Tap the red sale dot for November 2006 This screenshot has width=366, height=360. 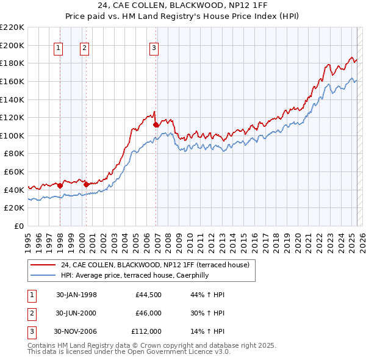pyautogui.click(x=156, y=124)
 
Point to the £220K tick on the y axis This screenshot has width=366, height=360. pyautogui.click(x=13, y=27)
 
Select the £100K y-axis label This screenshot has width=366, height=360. pyautogui.click(x=13, y=135)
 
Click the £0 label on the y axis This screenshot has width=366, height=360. pyautogui.click(x=18, y=226)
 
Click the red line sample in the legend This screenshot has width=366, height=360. pyautogui.click(x=43, y=265)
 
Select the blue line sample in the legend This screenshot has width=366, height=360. pyautogui.click(x=43, y=275)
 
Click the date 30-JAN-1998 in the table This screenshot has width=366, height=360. pyautogui.click(x=76, y=295)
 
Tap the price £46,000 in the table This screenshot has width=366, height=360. pyautogui.click(x=148, y=313)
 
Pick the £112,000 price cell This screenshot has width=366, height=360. pyautogui.click(x=146, y=331)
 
